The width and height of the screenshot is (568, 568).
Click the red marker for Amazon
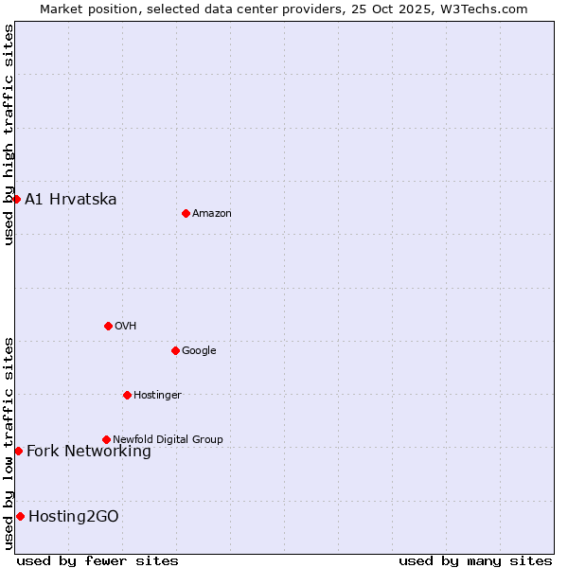[x=186, y=213]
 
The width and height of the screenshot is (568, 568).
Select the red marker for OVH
[x=108, y=326]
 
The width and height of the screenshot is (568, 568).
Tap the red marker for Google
[x=175, y=350]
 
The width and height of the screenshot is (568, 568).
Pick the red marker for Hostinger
[x=127, y=395]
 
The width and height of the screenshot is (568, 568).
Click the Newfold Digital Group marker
[x=106, y=439]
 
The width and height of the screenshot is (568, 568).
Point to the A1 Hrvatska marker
[x=16, y=199]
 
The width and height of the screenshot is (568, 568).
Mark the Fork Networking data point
[x=18, y=451]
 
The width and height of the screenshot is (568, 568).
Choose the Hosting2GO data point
[x=20, y=516]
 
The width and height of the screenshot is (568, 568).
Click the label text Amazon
[x=212, y=214]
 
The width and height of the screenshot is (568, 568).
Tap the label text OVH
[x=126, y=327]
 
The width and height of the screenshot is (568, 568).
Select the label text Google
[x=199, y=351]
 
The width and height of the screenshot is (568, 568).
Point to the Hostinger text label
[x=157, y=396]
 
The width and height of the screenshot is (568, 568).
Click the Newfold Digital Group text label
[x=168, y=440]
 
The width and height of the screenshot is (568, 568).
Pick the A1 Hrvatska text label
[x=71, y=200]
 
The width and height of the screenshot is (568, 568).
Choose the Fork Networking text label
[x=89, y=452]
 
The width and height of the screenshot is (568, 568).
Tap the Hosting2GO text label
[x=74, y=517]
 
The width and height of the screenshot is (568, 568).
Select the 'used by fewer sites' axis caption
[x=98, y=560]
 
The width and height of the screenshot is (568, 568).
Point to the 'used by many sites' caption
[x=475, y=560]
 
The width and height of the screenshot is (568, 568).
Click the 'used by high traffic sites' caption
[x=9, y=134]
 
